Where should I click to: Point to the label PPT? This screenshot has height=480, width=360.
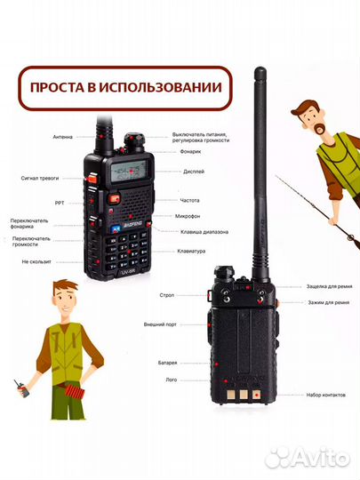pos(60,202)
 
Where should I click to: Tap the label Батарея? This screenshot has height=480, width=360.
pos(168,364)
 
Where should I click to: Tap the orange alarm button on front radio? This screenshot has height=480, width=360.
pos(91,180)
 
